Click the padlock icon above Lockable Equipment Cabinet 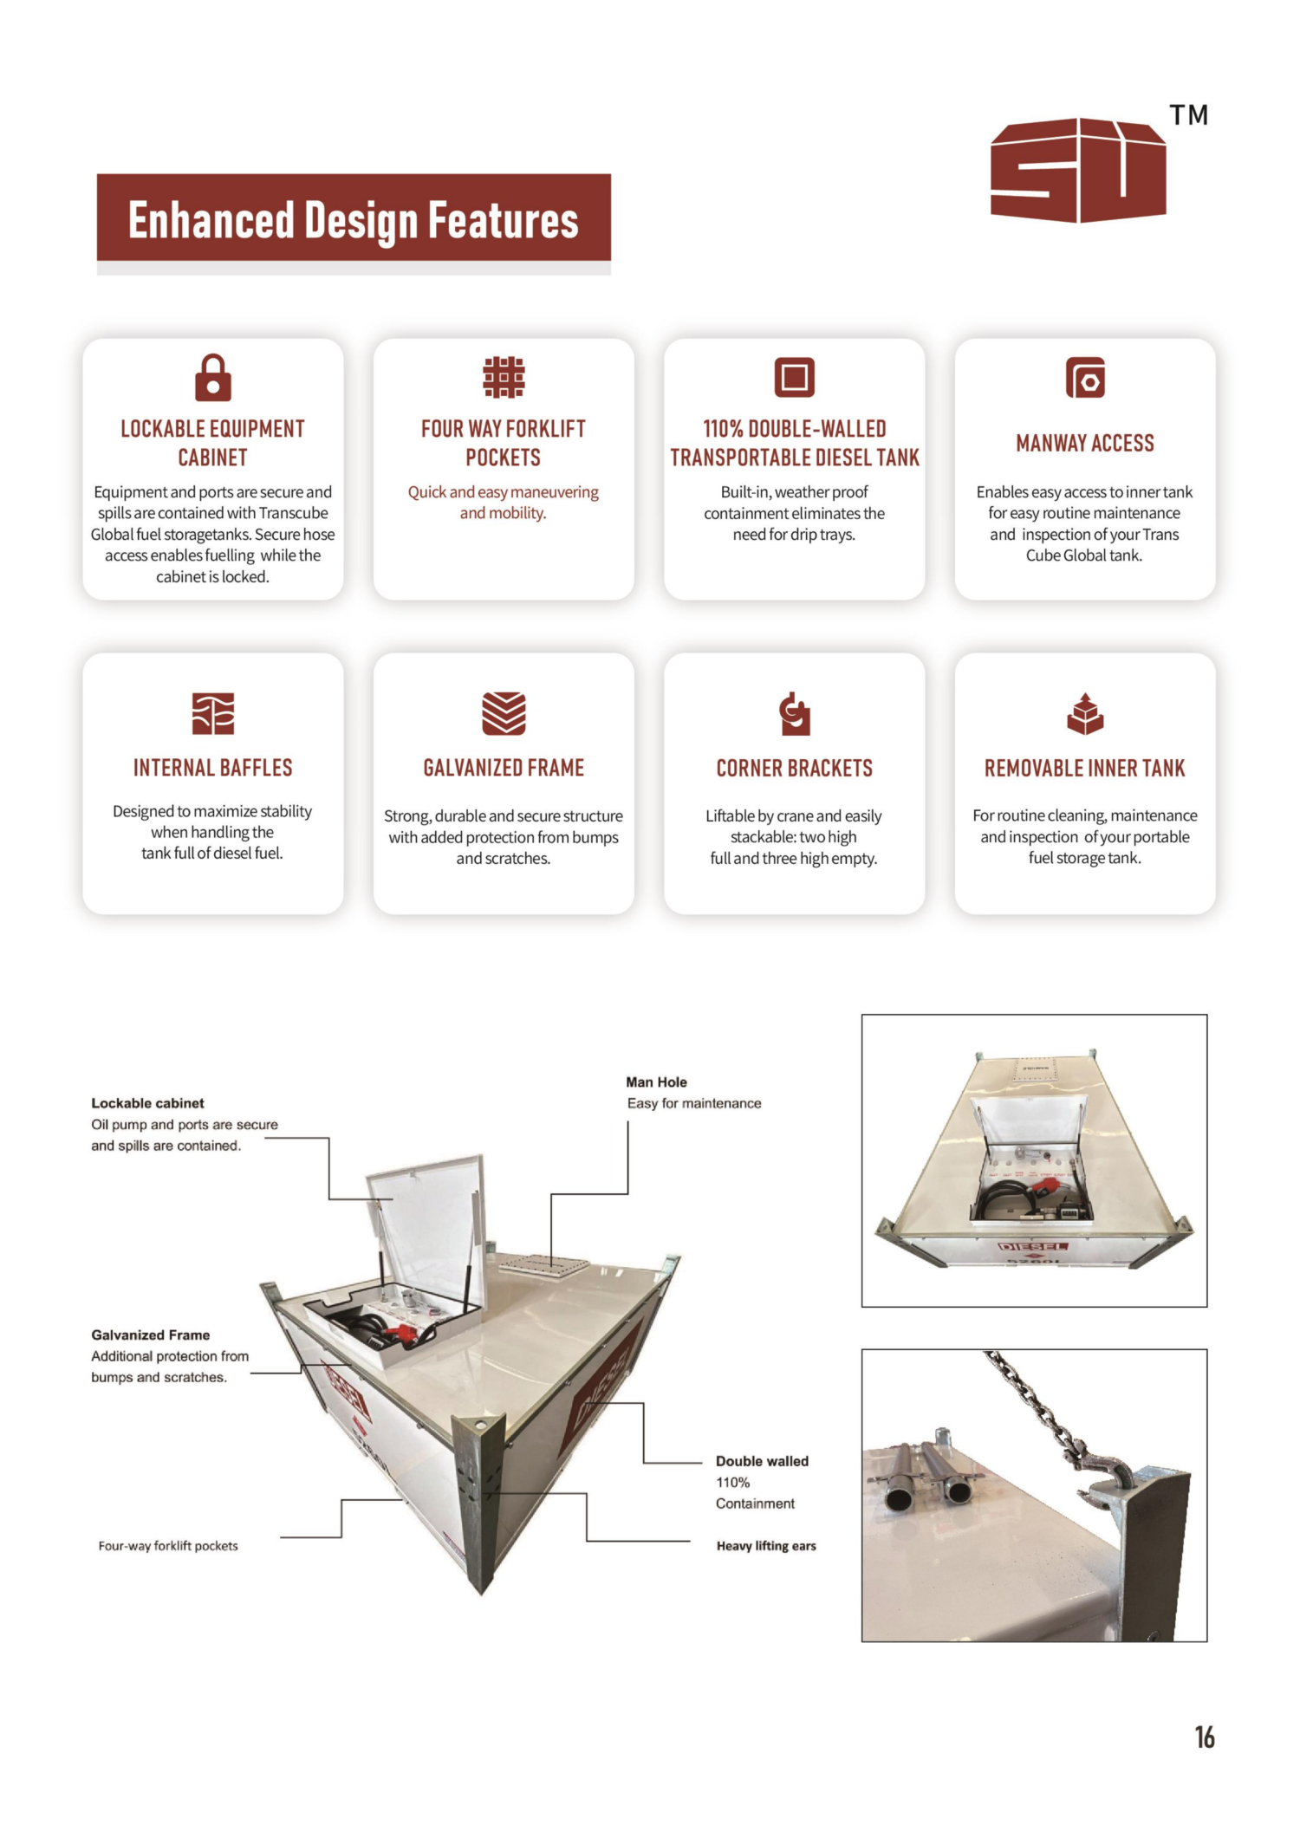tap(213, 378)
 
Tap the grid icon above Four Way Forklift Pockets tap(504, 378)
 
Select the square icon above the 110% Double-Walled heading tap(794, 378)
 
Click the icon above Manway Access tap(1085, 378)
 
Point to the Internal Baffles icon tap(213, 713)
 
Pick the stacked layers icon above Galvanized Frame tap(504, 713)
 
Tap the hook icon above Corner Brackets tap(794, 713)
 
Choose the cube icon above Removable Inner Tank tap(1085, 713)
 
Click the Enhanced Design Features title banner tap(354, 219)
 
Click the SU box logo tap(1078, 171)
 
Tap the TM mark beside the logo tap(1188, 115)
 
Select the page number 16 tap(1204, 1737)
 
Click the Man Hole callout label tap(656, 1082)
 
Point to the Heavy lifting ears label tap(766, 1546)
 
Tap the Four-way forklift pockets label tap(168, 1546)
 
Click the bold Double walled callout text tap(762, 1461)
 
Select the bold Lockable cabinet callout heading tap(147, 1103)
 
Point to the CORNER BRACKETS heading tap(794, 768)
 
